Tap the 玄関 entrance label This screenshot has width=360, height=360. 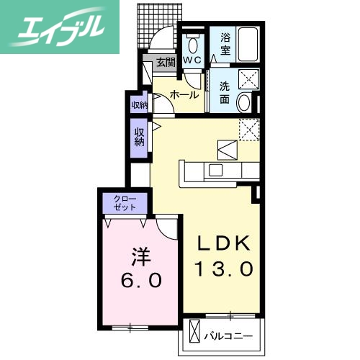(x=165, y=62)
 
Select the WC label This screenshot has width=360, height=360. (x=192, y=61)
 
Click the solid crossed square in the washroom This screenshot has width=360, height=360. (x=248, y=79)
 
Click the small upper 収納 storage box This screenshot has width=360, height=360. (x=139, y=105)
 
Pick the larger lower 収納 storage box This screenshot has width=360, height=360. (x=139, y=137)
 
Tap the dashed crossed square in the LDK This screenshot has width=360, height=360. (x=248, y=129)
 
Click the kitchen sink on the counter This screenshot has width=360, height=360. (x=216, y=171)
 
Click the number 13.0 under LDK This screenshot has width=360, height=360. (x=224, y=270)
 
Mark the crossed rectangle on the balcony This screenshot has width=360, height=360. (x=194, y=334)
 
